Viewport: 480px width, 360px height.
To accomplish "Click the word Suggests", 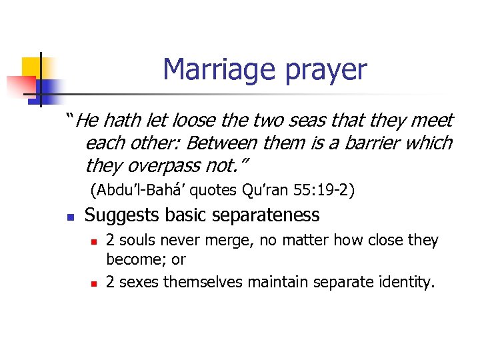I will click(121, 215).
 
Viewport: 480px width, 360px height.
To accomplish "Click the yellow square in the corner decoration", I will click(31, 67).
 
